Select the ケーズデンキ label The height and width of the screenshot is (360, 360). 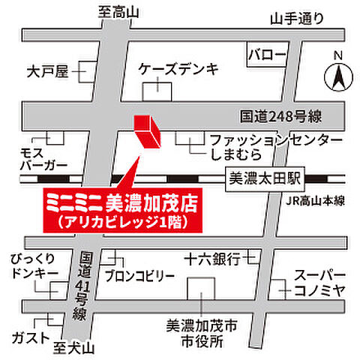coord(178,69)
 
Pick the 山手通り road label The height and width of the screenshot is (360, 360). coord(298,20)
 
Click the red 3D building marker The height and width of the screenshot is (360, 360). coord(145,132)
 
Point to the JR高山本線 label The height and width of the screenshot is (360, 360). coord(314,200)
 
